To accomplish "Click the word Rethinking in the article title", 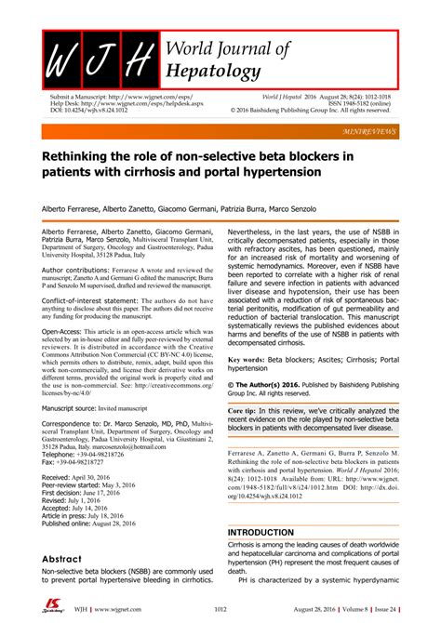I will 87,154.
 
